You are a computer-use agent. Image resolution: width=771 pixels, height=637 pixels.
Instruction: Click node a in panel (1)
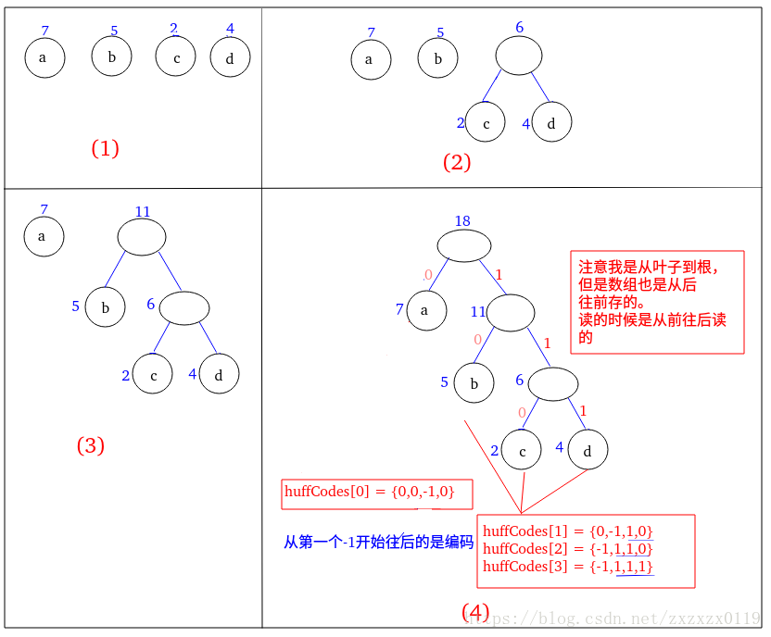(44, 58)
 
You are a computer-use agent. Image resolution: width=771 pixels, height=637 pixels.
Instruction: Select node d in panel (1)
(230, 58)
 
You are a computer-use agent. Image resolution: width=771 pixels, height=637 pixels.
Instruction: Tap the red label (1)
(105, 148)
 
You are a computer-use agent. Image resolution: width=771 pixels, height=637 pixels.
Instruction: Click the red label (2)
(457, 163)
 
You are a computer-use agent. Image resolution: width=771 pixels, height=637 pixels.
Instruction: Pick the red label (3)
(90, 445)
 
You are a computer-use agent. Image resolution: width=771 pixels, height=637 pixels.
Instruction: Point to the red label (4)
(475, 612)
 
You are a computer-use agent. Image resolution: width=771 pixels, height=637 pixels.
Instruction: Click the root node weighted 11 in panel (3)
(142, 237)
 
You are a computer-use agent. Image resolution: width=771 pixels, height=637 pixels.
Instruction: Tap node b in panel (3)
(105, 307)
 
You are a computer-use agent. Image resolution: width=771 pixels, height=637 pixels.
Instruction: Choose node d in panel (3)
(219, 375)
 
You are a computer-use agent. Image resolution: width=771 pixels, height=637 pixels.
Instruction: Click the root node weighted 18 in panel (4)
(463, 244)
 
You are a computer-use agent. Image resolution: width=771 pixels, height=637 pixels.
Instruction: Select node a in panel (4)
(424, 310)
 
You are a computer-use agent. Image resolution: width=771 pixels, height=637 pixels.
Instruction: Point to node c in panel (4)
(522, 450)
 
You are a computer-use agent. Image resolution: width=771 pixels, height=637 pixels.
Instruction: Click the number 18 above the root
(462, 220)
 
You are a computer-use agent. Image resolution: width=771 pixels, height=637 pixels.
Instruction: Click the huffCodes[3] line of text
(568, 566)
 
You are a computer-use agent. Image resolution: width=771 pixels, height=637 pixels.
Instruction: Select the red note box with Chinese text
(657, 302)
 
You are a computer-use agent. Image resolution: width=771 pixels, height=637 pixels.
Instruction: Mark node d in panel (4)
(587, 450)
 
